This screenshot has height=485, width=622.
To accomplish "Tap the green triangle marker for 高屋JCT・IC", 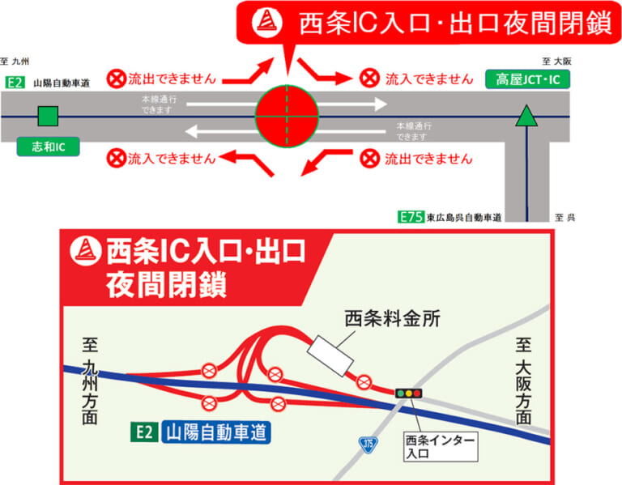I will (x=527, y=117).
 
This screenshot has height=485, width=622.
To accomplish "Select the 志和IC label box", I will (x=48, y=148).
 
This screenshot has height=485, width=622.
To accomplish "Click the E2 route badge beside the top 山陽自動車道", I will (x=14, y=82).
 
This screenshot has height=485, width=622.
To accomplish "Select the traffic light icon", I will (x=408, y=393).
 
